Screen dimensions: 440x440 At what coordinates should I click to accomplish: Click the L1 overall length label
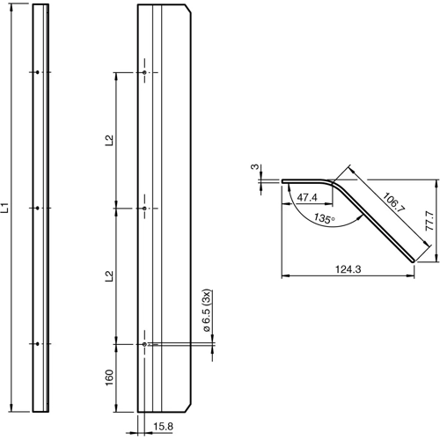coord(5,209)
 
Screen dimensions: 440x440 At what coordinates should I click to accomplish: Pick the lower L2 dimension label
coord(108,275)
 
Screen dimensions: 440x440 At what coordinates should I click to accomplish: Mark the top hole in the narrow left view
coord(37,72)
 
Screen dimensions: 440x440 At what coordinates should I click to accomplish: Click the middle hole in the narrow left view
coord(37,209)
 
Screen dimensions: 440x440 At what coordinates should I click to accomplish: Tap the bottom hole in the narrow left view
coord(37,344)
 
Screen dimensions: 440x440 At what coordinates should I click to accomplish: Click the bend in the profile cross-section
coord(335,182)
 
